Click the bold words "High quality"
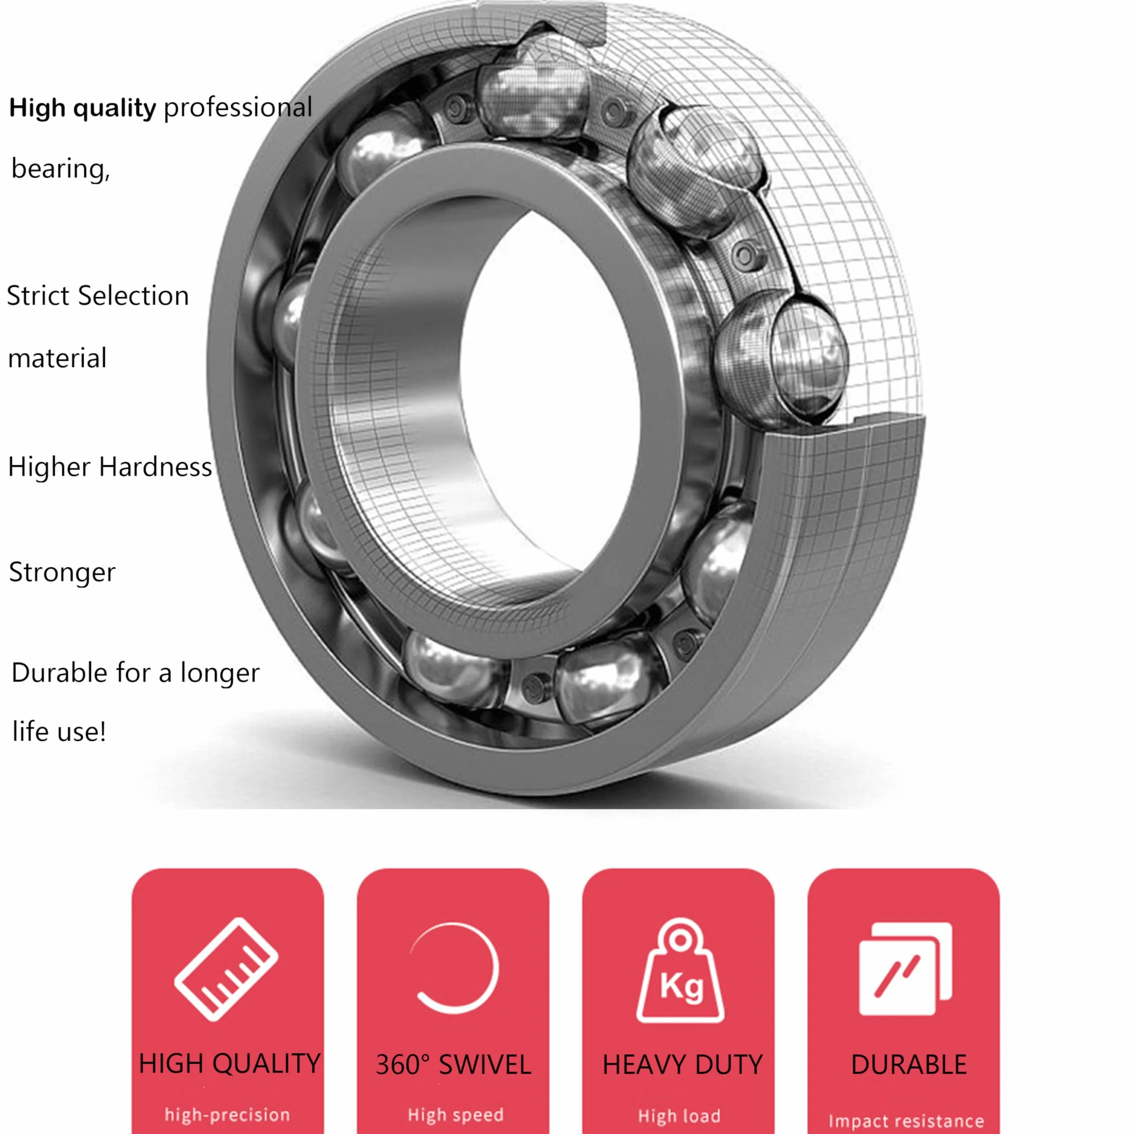(x=83, y=108)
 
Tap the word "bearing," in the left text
(x=61, y=169)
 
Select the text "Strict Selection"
(x=98, y=295)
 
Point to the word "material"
(x=57, y=358)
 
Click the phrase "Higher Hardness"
(x=110, y=467)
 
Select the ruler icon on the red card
(x=226, y=969)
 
